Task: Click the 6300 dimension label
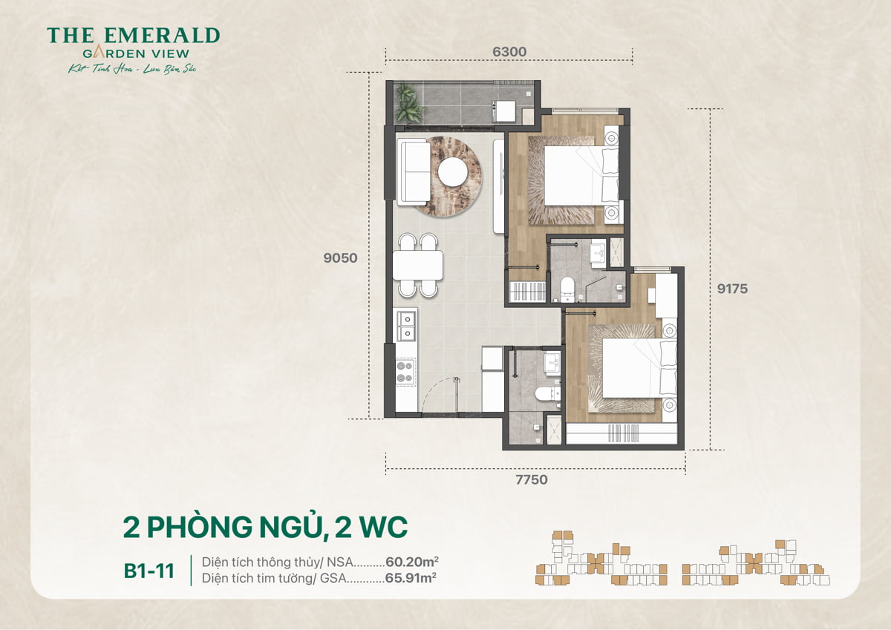pyautogui.click(x=509, y=52)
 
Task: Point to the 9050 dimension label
pyautogui.click(x=340, y=259)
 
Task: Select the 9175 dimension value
pyautogui.click(x=732, y=289)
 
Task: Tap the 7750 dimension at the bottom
pyautogui.click(x=531, y=480)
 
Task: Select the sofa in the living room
pyautogui.click(x=413, y=171)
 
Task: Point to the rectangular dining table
pyautogui.click(x=418, y=265)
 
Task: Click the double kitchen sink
pyautogui.click(x=405, y=326)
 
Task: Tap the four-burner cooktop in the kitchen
pyautogui.click(x=405, y=371)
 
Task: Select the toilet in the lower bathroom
pyautogui.click(x=547, y=394)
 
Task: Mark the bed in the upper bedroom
pyautogui.click(x=579, y=175)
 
